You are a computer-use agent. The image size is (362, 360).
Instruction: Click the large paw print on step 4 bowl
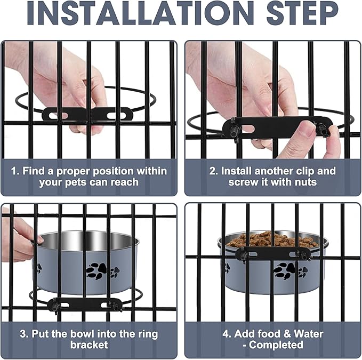point(285,270)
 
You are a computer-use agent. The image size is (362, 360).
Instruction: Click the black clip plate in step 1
point(88,114)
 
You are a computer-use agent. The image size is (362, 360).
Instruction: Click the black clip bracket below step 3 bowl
point(85,305)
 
